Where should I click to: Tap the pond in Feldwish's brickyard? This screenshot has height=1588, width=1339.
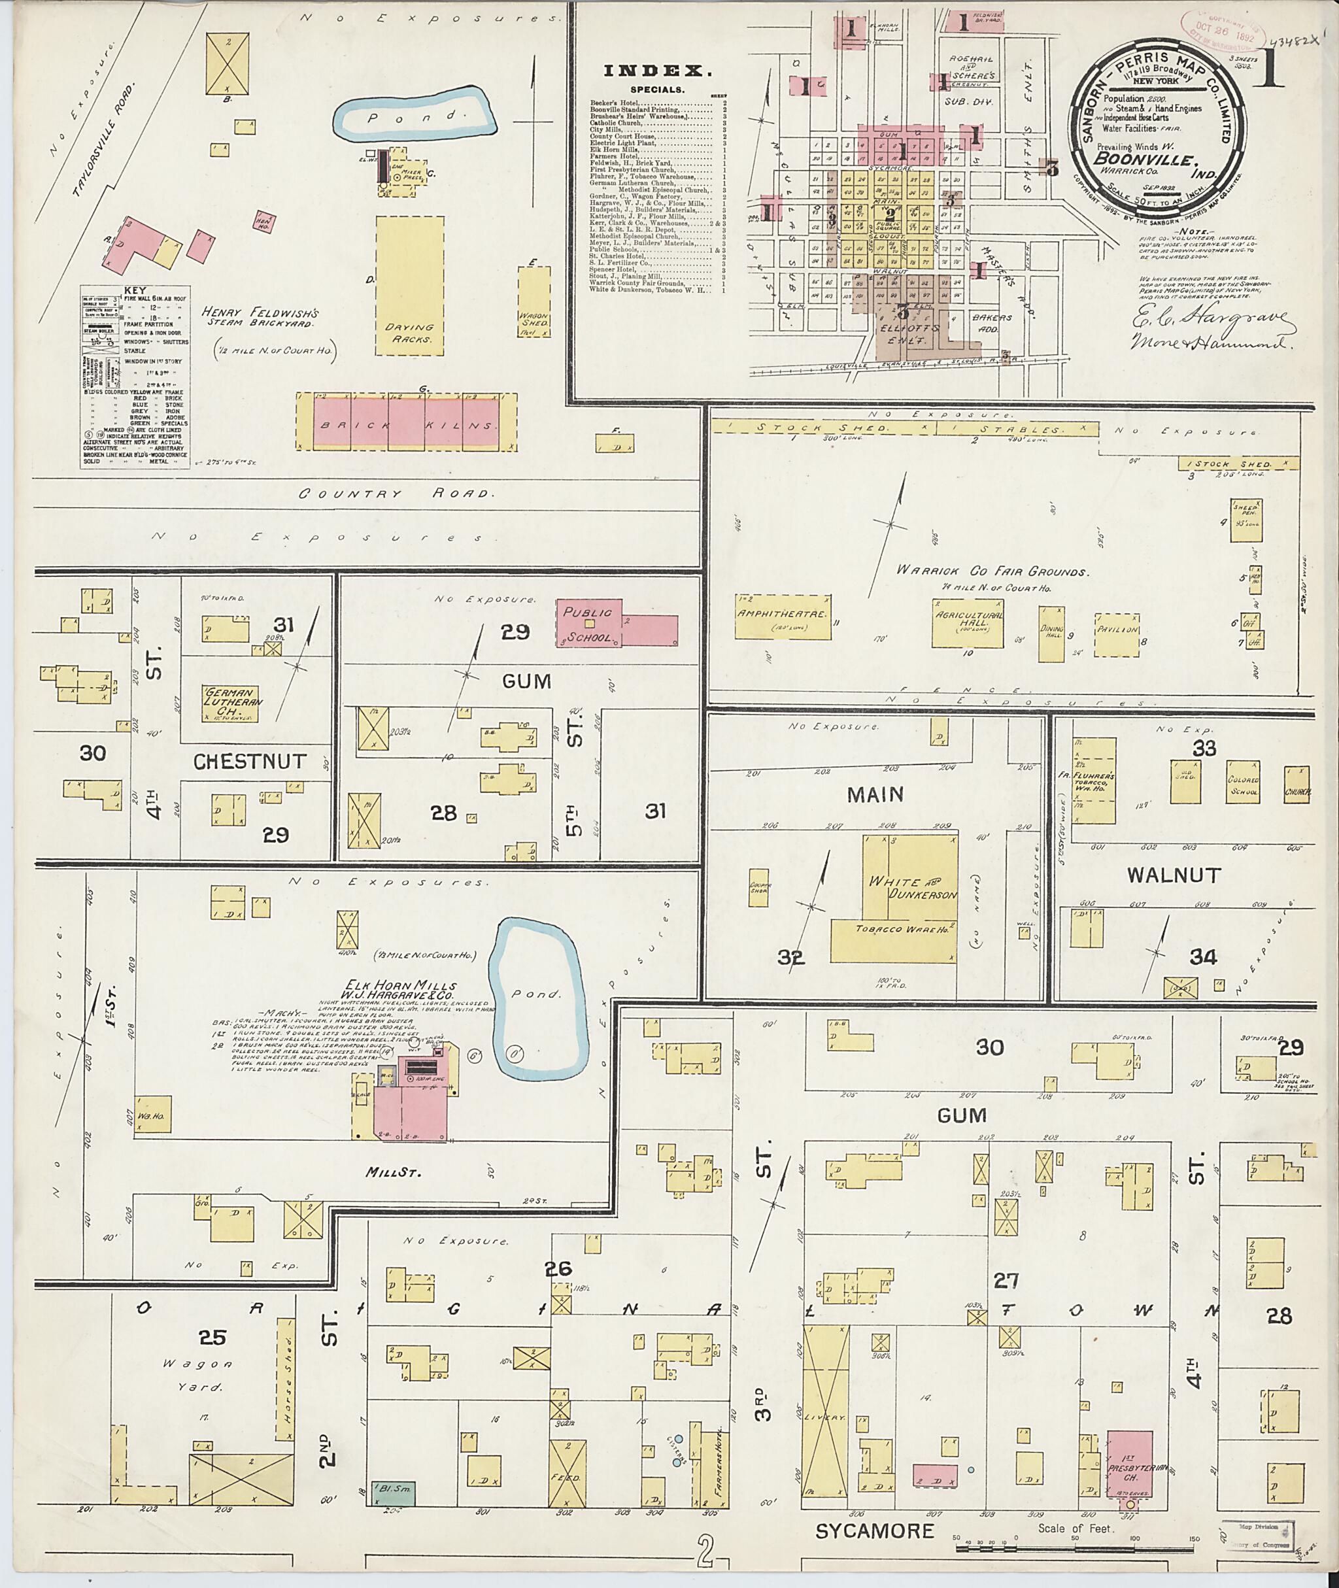pyautogui.click(x=416, y=115)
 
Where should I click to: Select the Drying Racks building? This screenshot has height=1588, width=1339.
pyautogui.click(x=410, y=286)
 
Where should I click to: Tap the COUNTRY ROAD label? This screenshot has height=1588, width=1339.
pyautogui.click(x=394, y=494)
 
